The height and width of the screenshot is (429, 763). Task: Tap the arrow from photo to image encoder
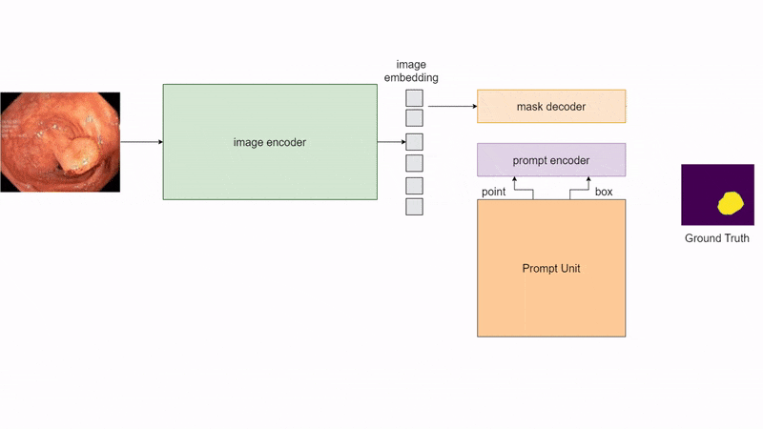[x=141, y=142]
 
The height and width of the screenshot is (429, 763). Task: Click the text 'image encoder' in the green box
[x=270, y=142]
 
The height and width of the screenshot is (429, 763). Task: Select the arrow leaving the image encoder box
[x=391, y=142]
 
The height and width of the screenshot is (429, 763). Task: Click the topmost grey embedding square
[x=414, y=97]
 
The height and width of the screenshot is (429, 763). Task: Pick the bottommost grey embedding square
[x=414, y=206]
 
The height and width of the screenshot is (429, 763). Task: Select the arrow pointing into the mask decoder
[x=452, y=106]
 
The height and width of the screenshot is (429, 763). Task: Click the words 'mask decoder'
[x=550, y=107]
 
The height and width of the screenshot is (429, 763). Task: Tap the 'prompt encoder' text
[x=550, y=160]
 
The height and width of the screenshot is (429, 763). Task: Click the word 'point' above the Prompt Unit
[x=494, y=192]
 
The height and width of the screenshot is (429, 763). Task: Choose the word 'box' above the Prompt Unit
[x=604, y=192]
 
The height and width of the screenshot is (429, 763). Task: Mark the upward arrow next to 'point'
[x=515, y=190]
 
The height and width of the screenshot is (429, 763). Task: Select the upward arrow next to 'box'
[x=588, y=190]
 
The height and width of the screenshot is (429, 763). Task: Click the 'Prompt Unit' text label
[x=550, y=269]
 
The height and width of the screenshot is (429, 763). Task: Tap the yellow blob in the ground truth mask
[x=732, y=202]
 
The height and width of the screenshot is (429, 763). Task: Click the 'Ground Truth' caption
[x=716, y=238]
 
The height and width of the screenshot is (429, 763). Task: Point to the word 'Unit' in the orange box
[x=569, y=269]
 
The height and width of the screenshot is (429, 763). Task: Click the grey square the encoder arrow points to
[x=414, y=142]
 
